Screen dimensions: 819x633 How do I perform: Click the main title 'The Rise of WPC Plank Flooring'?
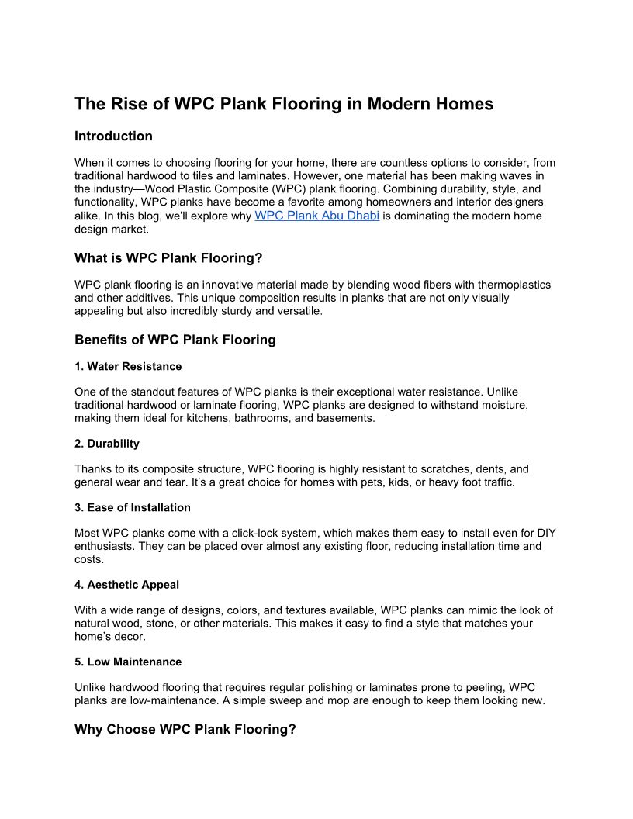[283, 104]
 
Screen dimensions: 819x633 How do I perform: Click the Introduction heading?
[113, 136]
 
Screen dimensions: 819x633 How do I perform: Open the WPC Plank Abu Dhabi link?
[316, 216]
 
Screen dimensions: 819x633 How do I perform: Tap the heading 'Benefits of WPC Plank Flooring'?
[175, 340]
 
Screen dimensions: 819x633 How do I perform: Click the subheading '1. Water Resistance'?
[128, 366]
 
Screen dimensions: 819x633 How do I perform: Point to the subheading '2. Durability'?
[107, 444]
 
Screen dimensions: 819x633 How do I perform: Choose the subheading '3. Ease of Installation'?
[132, 507]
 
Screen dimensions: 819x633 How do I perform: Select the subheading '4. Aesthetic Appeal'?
[127, 584]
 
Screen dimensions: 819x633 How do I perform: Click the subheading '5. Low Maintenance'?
[128, 662]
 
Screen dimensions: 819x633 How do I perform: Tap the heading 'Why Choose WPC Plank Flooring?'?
[185, 730]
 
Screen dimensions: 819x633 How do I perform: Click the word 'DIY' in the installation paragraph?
[545, 533]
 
